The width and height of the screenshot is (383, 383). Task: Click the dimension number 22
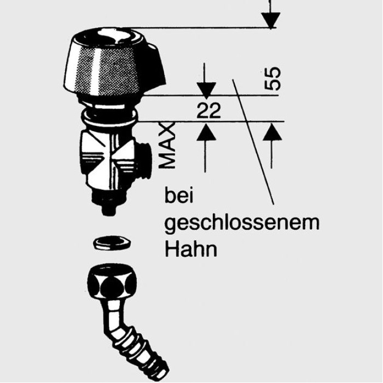pyautogui.click(x=208, y=111)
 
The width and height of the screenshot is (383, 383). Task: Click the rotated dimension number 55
pyautogui.click(x=272, y=78)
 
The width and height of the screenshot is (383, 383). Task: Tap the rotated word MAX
pyautogui.click(x=167, y=146)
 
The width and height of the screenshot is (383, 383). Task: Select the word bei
pyautogui.click(x=179, y=196)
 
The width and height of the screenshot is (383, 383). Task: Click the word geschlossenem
pyautogui.click(x=242, y=223)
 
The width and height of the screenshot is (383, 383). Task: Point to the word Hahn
pyautogui.click(x=191, y=249)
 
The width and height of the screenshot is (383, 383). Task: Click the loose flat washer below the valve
pyautogui.click(x=112, y=243)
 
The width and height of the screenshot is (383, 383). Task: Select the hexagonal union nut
pyautogui.click(x=112, y=281)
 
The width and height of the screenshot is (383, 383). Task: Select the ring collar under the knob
pyautogui.click(x=110, y=116)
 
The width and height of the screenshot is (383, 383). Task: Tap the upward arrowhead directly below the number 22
pyautogui.click(x=206, y=132)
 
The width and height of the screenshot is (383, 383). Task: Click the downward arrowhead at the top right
pyautogui.click(x=271, y=21)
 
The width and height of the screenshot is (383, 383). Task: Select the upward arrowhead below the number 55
pyautogui.click(x=272, y=132)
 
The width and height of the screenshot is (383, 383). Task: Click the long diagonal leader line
pyautogui.click(x=253, y=142)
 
